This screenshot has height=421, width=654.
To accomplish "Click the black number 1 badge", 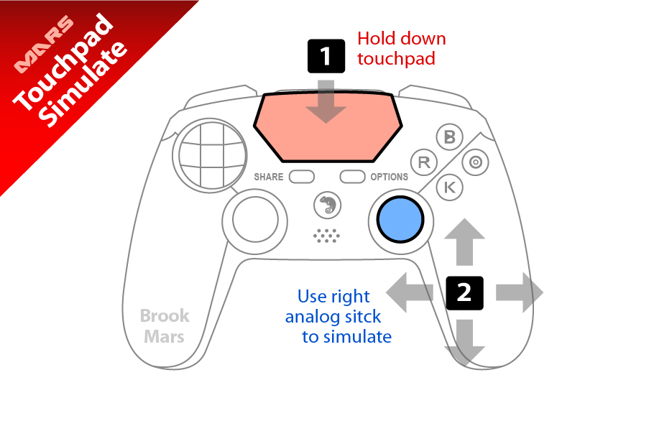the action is pos(326,56).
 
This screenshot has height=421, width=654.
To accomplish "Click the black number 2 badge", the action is pos(465,293).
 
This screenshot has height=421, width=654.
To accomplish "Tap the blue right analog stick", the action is pos(400,219).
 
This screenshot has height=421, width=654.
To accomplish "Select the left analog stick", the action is pos(255,221).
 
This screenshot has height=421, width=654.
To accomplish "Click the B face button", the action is pos(449,137).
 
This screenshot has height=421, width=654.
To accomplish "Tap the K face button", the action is pos(450,188).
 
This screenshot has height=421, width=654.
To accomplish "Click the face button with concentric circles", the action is pos(476,162).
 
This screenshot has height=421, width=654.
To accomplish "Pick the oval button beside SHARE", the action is pos(302,177).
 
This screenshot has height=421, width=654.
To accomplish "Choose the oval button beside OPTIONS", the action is pos(352,177).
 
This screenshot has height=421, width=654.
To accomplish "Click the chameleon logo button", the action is pos(328,205).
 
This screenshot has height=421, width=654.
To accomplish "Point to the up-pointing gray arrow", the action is pos(465,242).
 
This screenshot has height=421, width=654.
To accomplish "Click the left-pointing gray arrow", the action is pos(410,293).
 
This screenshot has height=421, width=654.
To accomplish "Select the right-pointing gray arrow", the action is pos(520,293).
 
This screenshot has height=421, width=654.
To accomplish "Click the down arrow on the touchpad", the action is pos(326,102).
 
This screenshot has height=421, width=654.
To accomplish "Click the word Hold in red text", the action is pos(376,39).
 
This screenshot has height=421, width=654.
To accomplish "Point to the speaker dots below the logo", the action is pos(326,236).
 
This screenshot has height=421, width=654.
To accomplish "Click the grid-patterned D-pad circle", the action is pos(212,154).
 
